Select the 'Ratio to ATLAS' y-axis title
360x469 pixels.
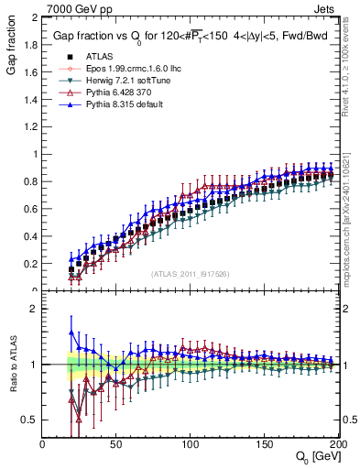tap(11, 365)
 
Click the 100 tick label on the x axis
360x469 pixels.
tap(191, 444)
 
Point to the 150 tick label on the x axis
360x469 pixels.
tap(265, 444)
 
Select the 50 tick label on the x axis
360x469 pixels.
tap(116, 444)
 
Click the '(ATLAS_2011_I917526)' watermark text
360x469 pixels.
tap(191, 274)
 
